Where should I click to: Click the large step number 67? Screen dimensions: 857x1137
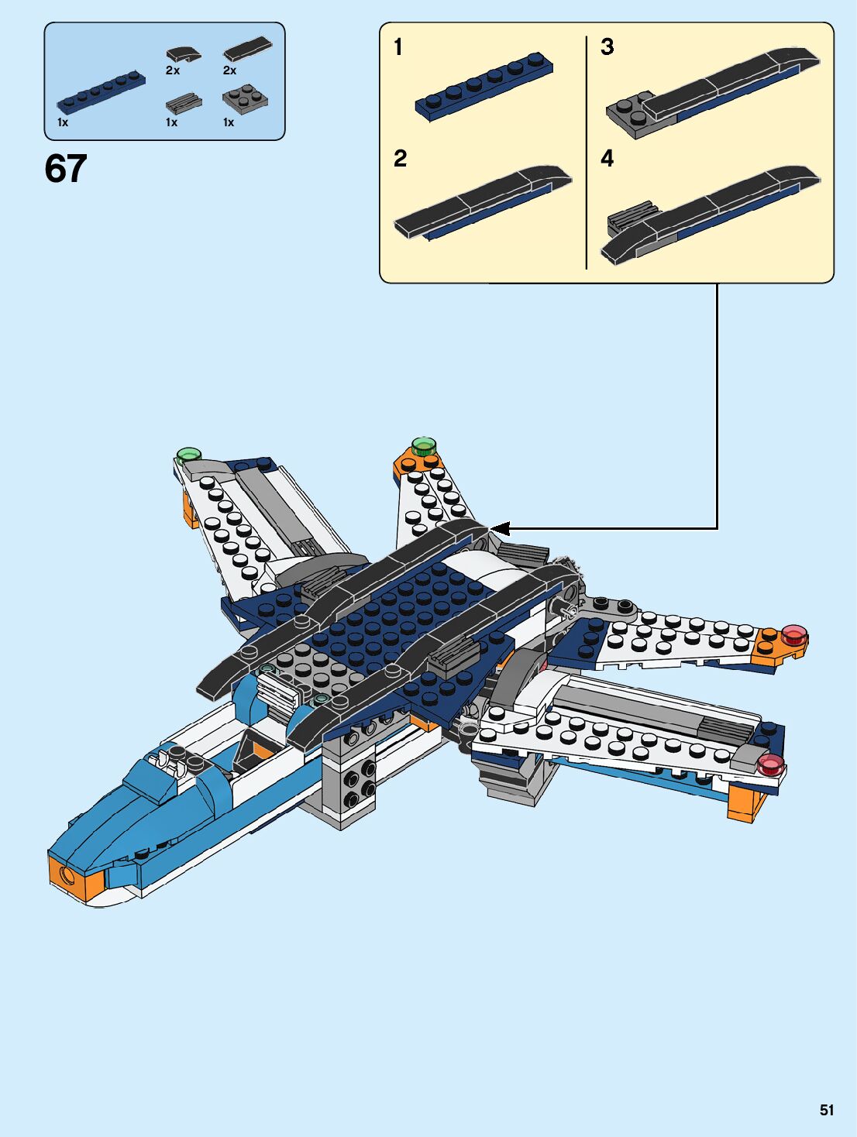point(66,169)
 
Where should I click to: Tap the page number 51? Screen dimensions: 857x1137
point(827,1110)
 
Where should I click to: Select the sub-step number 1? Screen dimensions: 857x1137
point(398,47)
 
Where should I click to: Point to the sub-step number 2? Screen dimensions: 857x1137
point(400,159)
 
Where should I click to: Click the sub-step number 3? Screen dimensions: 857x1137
point(607,47)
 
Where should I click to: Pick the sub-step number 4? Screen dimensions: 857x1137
point(607,159)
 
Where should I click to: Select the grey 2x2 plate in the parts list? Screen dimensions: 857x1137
point(245,98)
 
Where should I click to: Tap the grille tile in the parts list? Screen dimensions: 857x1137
point(184,102)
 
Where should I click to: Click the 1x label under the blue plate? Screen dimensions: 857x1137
point(63,122)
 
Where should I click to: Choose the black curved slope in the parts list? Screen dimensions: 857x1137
point(183,54)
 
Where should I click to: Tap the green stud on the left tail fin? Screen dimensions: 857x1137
point(189,455)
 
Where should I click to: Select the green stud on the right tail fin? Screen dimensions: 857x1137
point(423,445)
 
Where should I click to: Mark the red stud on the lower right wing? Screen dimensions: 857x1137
point(770,764)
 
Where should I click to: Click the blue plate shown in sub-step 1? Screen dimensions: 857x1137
point(484,87)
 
